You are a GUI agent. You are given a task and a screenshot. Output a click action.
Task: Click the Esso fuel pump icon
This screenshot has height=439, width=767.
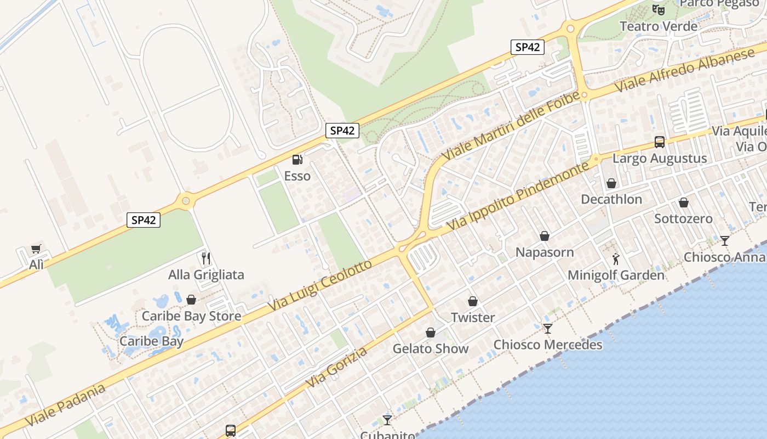point(297,160)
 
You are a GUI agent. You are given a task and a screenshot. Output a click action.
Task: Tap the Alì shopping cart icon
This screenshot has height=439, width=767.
point(36,249)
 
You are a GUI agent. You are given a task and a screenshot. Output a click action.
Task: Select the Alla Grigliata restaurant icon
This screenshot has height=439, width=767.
point(206,258)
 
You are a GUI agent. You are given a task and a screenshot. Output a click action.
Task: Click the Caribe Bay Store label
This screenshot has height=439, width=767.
point(191,316)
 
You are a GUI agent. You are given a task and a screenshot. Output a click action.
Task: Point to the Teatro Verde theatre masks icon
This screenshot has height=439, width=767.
point(658,9)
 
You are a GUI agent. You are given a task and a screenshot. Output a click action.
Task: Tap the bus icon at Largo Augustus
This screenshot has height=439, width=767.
point(660,142)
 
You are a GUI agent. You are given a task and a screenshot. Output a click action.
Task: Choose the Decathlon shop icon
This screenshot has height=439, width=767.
point(611,183)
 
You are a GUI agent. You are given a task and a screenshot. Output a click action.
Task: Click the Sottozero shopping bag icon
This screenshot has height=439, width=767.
point(684,202)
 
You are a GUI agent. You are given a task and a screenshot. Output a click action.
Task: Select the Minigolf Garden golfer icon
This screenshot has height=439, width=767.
point(616,259)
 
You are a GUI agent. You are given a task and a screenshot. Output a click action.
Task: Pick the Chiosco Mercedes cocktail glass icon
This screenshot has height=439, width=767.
point(548,329)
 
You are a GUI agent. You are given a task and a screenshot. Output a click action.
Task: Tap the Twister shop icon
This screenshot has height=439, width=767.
point(473,302)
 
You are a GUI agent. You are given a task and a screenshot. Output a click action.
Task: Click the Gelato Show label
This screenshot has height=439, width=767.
point(431,348)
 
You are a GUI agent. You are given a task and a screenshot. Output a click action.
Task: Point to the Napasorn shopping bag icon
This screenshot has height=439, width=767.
point(545,237)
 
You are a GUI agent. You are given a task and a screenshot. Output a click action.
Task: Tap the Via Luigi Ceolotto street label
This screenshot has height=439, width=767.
point(319,286)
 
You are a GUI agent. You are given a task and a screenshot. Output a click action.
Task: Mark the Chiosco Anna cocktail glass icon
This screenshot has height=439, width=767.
point(725,241)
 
